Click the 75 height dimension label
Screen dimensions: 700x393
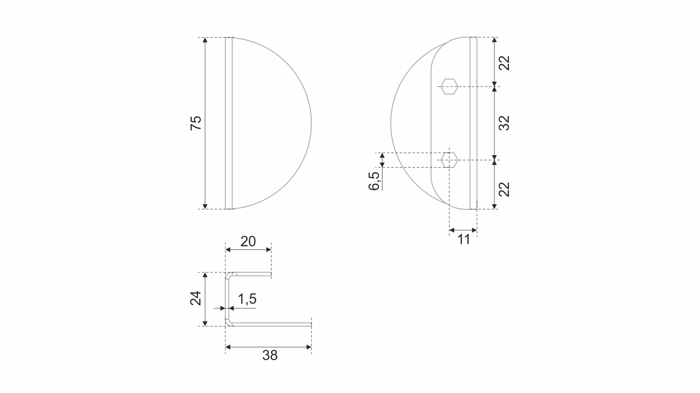click(196, 123)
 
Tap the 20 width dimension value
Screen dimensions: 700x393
click(248, 242)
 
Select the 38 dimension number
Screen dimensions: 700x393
click(270, 355)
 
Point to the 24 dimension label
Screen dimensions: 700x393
click(196, 298)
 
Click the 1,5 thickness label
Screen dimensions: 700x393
click(247, 299)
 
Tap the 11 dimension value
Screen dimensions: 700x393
click(463, 240)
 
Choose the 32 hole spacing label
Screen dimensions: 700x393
click(504, 123)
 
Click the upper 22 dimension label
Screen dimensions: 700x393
click(504, 63)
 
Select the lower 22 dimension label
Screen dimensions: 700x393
click(504, 189)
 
